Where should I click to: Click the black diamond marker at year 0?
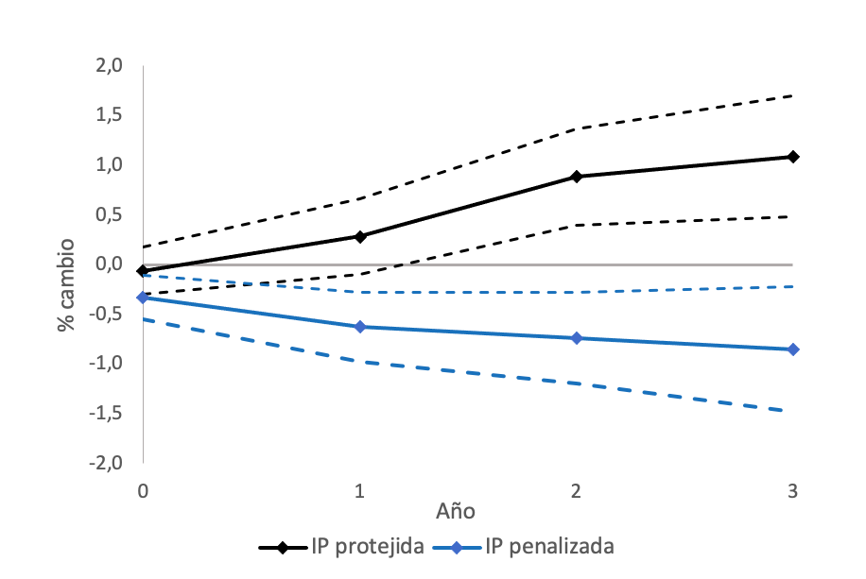coord(143,271)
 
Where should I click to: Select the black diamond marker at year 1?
coord(360,236)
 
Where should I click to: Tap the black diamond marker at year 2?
coord(577,177)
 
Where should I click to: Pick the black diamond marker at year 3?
coord(793,157)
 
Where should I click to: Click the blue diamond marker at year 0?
coord(143,298)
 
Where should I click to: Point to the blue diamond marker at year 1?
coord(360,327)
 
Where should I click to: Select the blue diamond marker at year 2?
coord(577,338)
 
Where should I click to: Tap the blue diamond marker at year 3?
coord(793,349)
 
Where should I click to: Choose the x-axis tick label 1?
coord(360,490)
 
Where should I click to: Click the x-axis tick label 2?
coord(577,490)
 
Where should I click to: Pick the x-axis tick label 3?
coord(793,490)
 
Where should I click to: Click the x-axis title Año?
coord(456,511)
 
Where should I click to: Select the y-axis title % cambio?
coord(66,283)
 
